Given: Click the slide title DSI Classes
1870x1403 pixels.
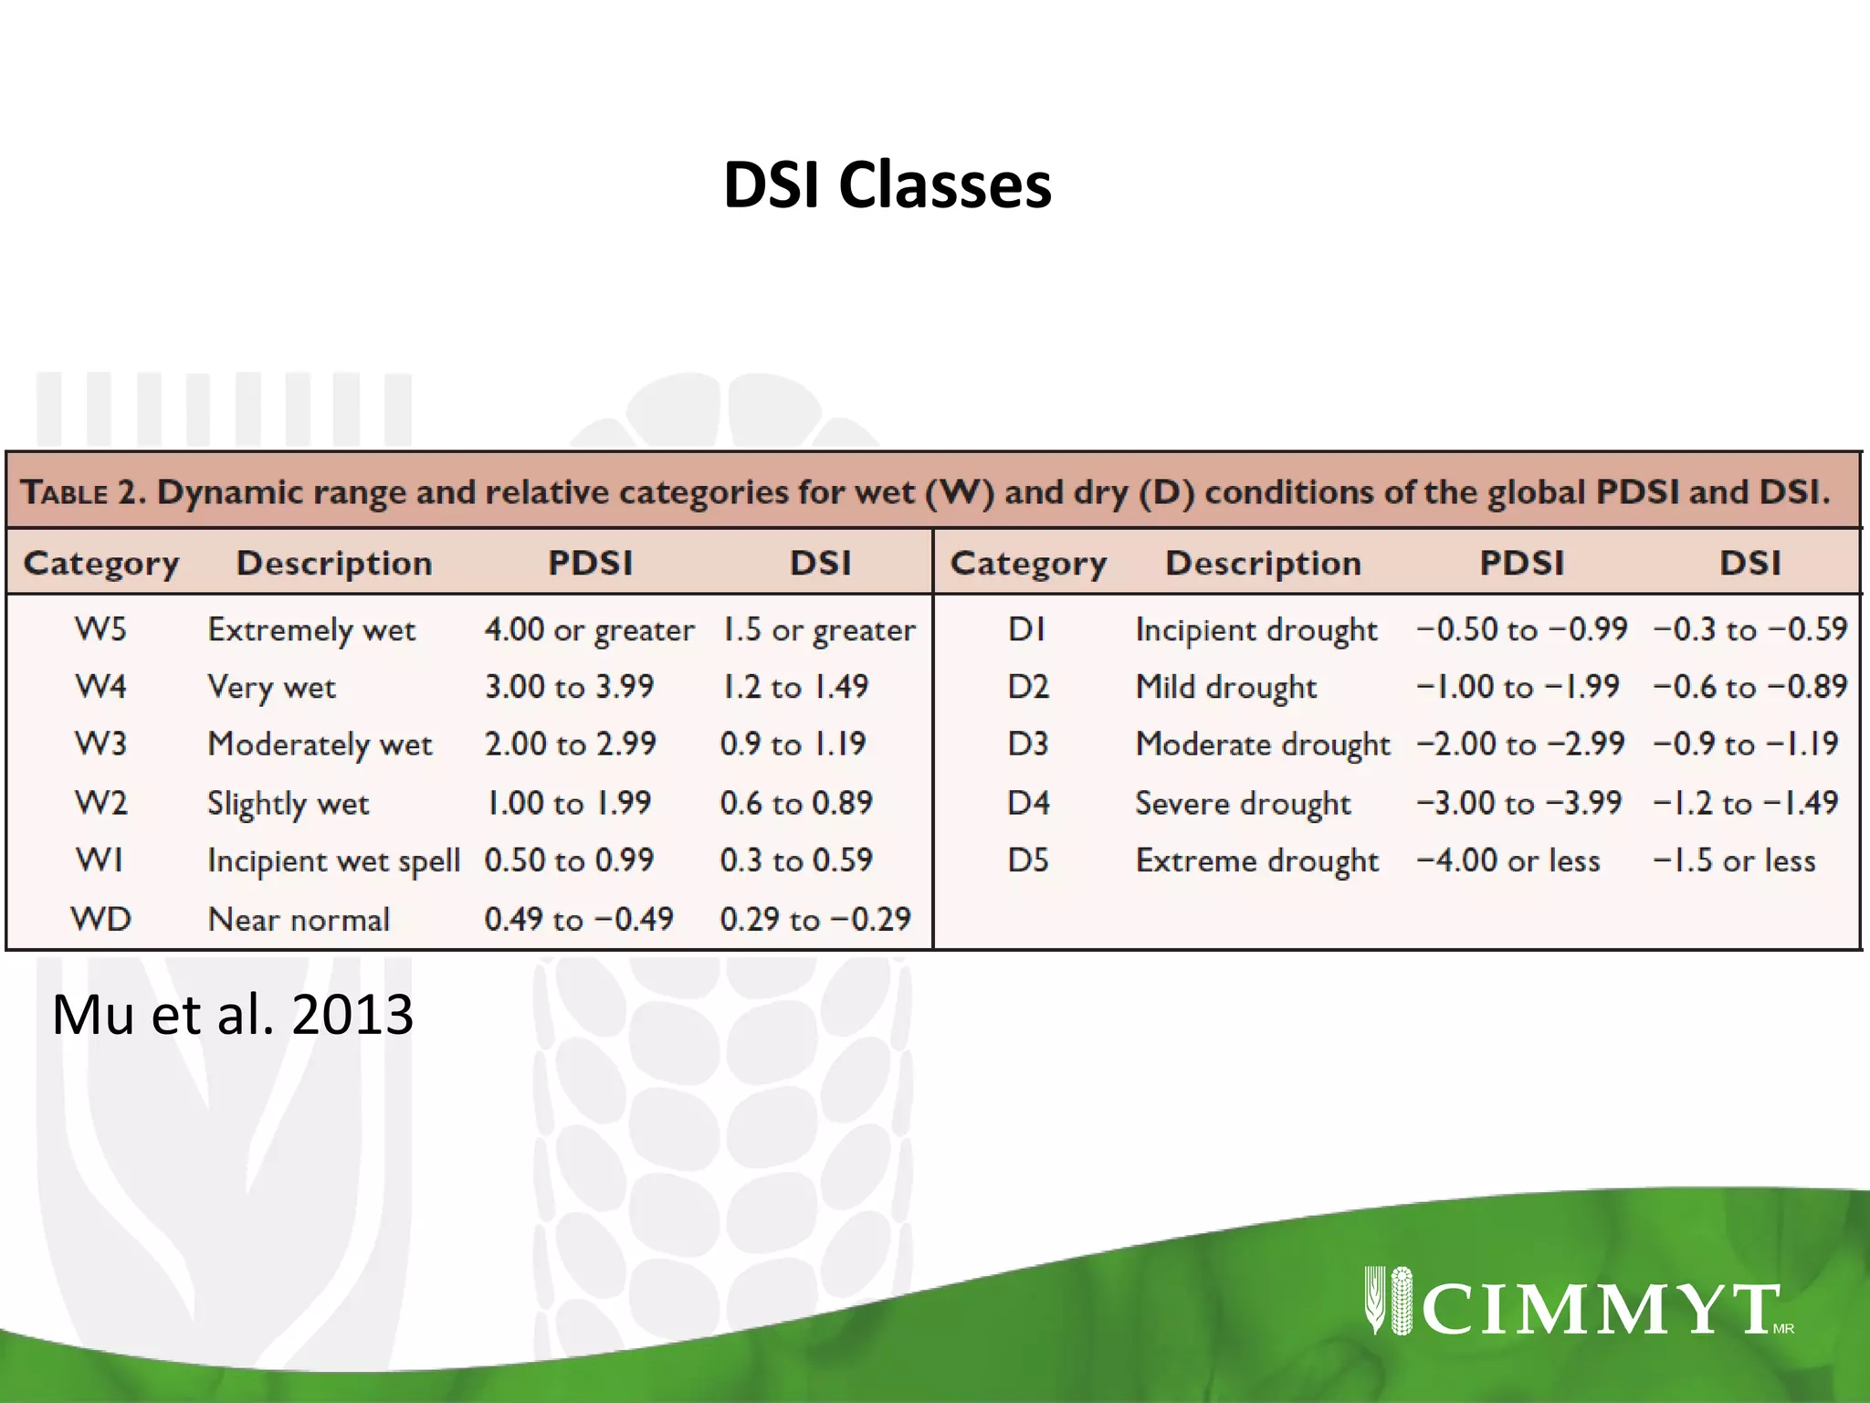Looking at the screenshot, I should click(887, 185).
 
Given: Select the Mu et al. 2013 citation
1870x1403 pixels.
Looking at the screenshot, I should click(233, 1014).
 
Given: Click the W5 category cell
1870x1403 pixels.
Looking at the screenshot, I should click(100, 629).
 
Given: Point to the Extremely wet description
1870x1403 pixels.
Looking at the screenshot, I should click(311, 630).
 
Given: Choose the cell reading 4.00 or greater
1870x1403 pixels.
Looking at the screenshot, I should click(589, 630).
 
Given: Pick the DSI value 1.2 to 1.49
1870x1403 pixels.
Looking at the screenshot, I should click(794, 687).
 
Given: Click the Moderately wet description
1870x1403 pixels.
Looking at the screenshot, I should click(320, 744).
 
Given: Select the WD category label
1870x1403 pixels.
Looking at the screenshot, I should click(100, 919).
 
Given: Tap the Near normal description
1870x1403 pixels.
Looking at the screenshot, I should click(299, 919).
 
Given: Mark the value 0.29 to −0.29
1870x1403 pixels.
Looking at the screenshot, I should click(814, 919).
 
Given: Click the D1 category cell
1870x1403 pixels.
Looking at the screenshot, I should click(1026, 629).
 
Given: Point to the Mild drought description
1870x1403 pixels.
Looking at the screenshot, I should click(1225, 687).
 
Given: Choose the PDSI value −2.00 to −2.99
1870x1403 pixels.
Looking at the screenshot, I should click(1520, 744).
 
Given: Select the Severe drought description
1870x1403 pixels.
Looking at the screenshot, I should click(1243, 804).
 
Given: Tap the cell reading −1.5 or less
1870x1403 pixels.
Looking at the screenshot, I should click(1734, 861).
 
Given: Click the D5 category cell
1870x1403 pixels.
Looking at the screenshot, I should click(1028, 860).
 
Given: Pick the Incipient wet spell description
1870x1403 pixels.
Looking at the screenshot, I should click(333, 861).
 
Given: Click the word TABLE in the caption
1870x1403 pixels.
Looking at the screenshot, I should click(65, 492).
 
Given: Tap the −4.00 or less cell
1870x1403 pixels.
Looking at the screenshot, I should click(1508, 861).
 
